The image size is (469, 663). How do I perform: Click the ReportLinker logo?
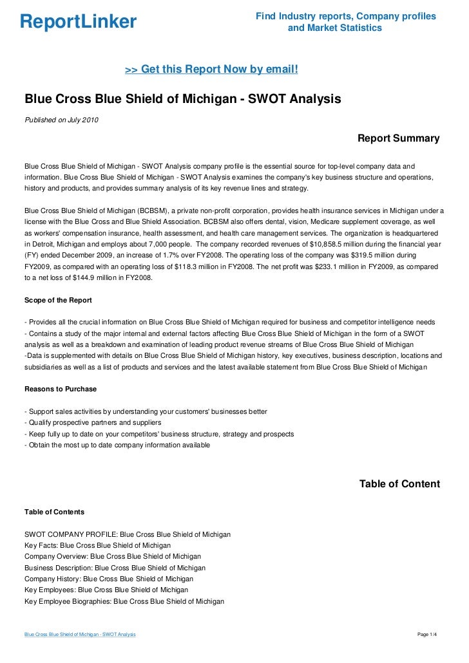tap(79, 23)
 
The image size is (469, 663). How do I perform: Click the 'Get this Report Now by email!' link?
tap(211, 68)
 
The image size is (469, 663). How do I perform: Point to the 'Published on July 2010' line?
tap(61, 119)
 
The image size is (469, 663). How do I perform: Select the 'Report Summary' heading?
tap(398, 138)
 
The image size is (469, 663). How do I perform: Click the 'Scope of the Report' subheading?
tap(58, 301)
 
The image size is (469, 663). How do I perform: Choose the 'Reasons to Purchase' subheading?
tap(61, 389)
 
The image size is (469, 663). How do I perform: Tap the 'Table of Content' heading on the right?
tap(399, 483)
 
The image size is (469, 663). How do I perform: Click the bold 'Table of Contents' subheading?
tap(54, 512)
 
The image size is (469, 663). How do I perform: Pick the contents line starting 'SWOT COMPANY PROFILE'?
tap(128, 534)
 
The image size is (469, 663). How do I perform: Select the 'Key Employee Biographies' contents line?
tap(124, 601)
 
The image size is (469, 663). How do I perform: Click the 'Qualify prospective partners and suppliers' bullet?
tap(92, 423)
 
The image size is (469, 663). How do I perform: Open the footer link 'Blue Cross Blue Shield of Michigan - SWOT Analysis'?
tap(80, 635)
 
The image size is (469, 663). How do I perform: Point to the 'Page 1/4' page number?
tap(427, 635)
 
